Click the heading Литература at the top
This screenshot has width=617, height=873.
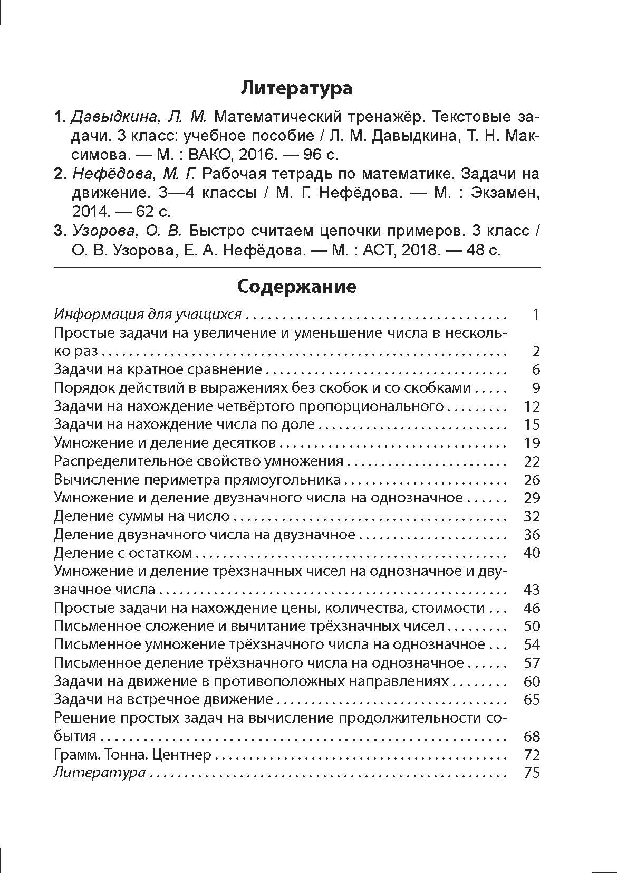pyautogui.click(x=296, y=88)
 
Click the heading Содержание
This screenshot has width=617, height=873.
pyautogui.click(x=296, y=287)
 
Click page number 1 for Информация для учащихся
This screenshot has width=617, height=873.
pyautogui.click(x=536, y=315)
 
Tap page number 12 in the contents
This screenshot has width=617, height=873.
pyautogui.click(x=532, y=406)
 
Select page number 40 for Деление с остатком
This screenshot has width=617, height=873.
pyautogui.click(x=532, y=553)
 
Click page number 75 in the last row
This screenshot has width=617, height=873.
pyautogui.click(x=532, y=773)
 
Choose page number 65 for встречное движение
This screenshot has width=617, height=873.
pyautogui.click(x=532, y=699)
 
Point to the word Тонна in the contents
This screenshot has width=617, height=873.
pyautogui.click(x=123, y=755)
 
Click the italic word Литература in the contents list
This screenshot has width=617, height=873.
pyautogui.click(x=100, y=773)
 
